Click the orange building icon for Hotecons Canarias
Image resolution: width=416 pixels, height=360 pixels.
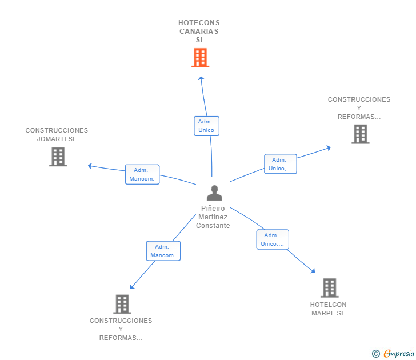[x=200, y=58]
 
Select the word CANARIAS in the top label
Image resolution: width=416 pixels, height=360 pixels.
[x=199, y=31]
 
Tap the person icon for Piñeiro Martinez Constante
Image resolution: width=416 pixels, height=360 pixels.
[x=214, y=193]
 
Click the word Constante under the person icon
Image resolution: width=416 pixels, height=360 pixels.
[x=213, y=226]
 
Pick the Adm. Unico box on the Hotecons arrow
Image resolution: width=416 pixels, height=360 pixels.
[x=206, y=126]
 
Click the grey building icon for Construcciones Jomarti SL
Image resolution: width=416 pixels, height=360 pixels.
[x=58, y=157]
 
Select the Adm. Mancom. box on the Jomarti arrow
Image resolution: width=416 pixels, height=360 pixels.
[x=142, y=174]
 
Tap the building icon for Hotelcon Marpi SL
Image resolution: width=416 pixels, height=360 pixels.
[x=329, y=287]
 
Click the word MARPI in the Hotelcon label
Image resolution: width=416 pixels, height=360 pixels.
[x=322, y=313]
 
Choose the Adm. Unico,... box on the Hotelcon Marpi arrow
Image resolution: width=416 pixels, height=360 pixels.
[x=273, y=239]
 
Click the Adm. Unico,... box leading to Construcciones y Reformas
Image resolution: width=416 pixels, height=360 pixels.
[x=280, y=164]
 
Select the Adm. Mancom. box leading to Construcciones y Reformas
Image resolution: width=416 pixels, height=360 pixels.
[x=163, y=251]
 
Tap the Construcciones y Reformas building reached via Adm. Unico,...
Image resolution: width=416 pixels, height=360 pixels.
[x=360, y=134]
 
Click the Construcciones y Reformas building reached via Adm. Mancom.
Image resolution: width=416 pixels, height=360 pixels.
[x=122, y=304]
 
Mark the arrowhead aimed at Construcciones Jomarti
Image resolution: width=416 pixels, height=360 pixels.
[x=89, y=166]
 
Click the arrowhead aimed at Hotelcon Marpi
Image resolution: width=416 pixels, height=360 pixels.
[x=313, y=271]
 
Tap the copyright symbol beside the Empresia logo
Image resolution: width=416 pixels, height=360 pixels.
[x=375, y=354]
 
